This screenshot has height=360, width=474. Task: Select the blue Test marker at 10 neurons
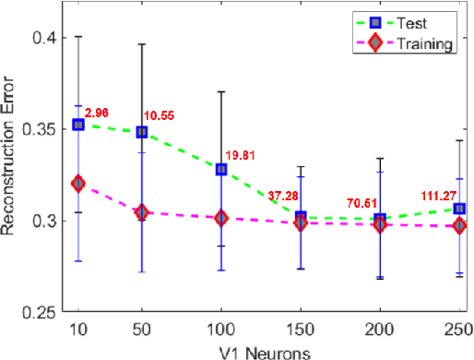tap(78, 125)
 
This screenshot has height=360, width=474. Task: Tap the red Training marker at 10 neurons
tap(78, 184)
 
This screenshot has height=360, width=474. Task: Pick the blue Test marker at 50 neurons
tap(142, 132)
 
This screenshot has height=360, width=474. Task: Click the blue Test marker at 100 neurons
tap(221, 169)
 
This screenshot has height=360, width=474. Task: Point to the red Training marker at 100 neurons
tap(221, 218)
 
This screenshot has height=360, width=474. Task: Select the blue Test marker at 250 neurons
tap(459, 209)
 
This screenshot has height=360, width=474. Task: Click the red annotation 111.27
tap(437, 195)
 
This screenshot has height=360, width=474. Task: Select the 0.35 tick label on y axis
tap(37, 129)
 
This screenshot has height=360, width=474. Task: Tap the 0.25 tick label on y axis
tap(37, 312)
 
